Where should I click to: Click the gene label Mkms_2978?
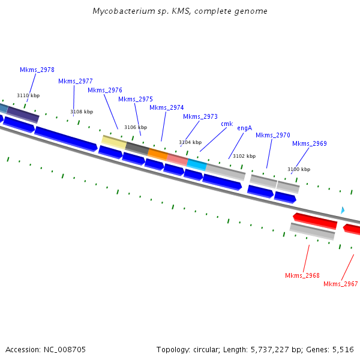pyautogui.click(x=37, y=70)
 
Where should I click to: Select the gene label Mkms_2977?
pyautogui.click(x=76, y=81)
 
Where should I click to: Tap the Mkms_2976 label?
pyautogui.click(x=105, y=90)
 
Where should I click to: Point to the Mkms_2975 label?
pyautogui.click(x=136, y=99)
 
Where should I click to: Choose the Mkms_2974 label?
pyautogui.click(x=167, y=107)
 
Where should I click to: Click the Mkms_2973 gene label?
pyautogui.click(x=200, y=116)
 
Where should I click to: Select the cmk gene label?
pyautogui.click(x=227, y=124)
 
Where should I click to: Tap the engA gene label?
pyautogui.click(x=244, y=128)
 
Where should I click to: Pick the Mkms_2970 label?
pyautogui.click(x=273, y=135)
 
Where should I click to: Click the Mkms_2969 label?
pyautogui.click(x=310, y=143)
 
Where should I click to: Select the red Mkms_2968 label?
pyautogui.click(x=302, y=275)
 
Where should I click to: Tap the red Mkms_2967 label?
pyautogui.click(x=341, y=284)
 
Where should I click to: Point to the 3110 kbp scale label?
pyautogui.click(x=28, y=95)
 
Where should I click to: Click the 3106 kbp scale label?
pyautogui.click(x=136, y=127)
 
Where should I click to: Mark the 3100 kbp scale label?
pyautogui.click(x=299, y=169)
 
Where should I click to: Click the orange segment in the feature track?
pyautogui.click(x=157, y=154)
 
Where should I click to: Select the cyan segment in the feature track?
pyautogui.click(x=196, y=163)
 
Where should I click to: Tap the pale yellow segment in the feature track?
pyautogui.click(x=114, y=142)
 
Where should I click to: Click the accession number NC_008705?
pyautogui.click(x=66, y=349)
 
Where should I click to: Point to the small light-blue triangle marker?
pyautogui.click(x=343, y=210)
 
